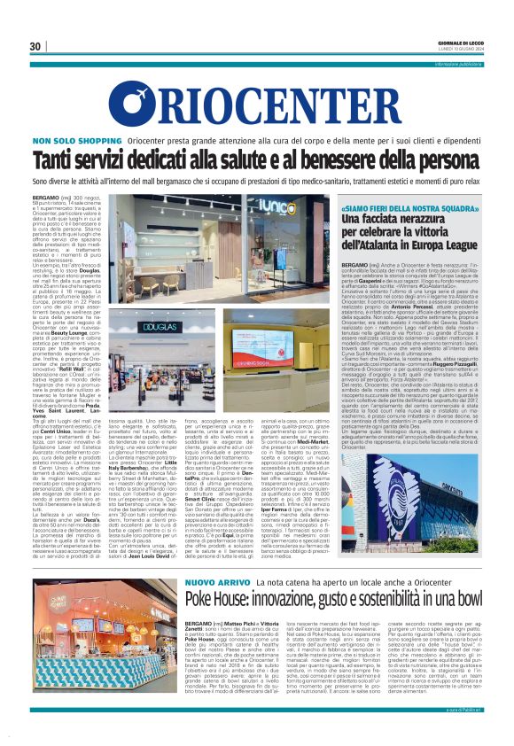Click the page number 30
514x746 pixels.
[35, 46]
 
